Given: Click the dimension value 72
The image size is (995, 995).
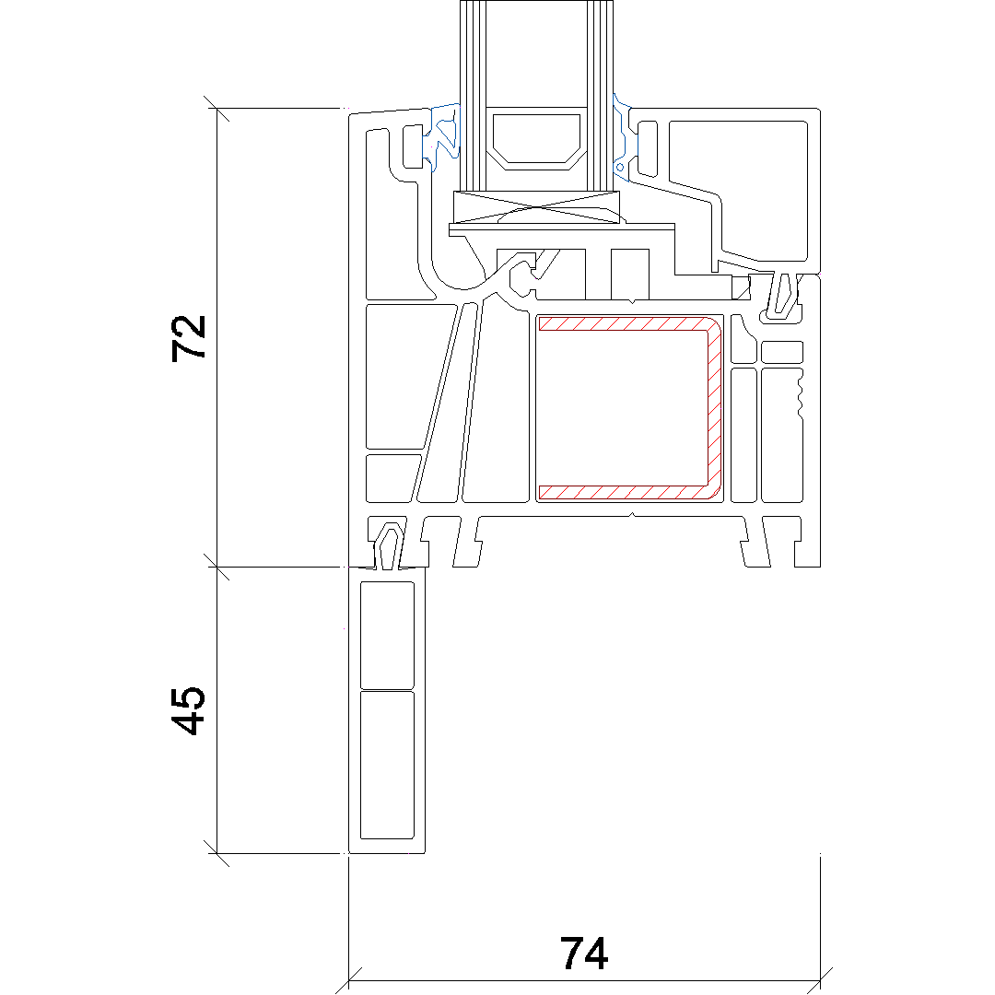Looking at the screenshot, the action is coord(189,338).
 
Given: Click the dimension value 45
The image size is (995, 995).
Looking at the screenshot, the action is coord(189,710).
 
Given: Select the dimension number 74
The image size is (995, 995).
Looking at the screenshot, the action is coord(584,954).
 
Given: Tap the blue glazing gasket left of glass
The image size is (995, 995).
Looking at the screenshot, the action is coord(444,137).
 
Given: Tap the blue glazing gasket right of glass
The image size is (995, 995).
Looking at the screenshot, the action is coord(623,137).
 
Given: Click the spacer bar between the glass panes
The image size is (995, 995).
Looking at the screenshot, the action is coord(536,139).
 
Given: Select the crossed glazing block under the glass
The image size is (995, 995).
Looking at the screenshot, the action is coord(536,207).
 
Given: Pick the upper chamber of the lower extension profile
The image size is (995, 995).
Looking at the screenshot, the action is coord(387,635).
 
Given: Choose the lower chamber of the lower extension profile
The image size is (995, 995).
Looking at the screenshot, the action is coord(387,765).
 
